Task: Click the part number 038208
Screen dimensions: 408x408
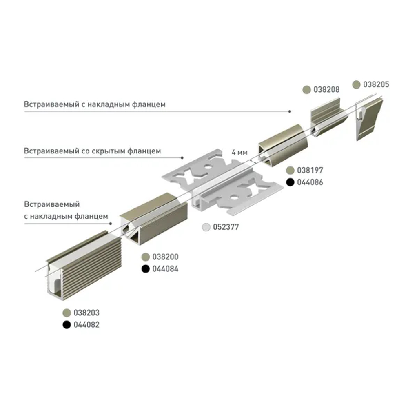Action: click(x=326, y=89)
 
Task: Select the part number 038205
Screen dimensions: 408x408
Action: click(x=376, y=84)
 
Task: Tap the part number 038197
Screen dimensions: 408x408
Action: click(x=310, y=170)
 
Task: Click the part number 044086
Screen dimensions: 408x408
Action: click(x=310, y=182)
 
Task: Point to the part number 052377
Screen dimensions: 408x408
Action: click(x=226, y=227)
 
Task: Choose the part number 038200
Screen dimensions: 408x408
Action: click(x=165, y=257)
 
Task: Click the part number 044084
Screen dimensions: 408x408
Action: click(x=165, y=269)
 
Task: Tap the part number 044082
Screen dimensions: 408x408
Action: click(x=86, y=325)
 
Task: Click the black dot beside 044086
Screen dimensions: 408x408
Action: click(x=290, y=182)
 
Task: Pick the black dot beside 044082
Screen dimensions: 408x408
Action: click(x=67, y=325)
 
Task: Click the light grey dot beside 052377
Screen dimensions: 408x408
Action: click(x=207, y=227)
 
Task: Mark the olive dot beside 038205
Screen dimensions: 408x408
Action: click(x=357, y=84)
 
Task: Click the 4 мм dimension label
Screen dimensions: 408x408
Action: click(x=239, y=152)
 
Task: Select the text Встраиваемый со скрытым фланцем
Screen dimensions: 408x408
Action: click(x=92, y=151)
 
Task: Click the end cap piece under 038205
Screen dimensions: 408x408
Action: click(x=369, y=118)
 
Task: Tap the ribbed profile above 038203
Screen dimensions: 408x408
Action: click(x=78, y=265)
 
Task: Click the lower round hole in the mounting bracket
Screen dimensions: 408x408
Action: click(x=235, y=198)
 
